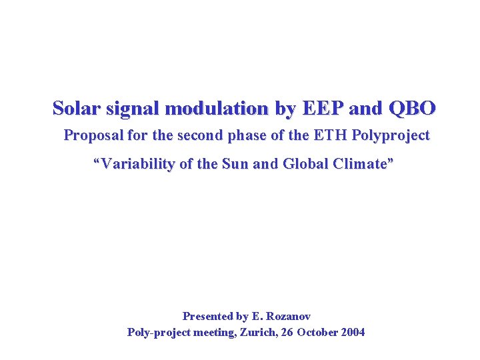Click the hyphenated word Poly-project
coord(159,332)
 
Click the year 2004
coord(353,332)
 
